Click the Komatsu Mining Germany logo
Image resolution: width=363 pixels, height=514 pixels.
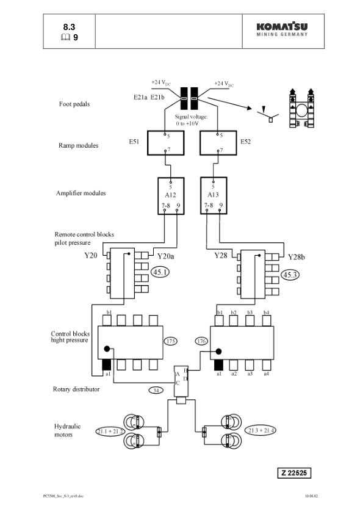(x=282, y=29)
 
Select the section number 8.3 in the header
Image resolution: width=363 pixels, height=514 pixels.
(x=70, y=27)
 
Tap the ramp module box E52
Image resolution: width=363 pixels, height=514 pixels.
(x=218, y=143)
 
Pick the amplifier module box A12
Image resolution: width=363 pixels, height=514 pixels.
(x=170, y=195)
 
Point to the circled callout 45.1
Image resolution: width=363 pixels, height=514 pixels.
(x=160, y=272)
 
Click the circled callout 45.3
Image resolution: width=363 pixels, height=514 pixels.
(x=289, y=275)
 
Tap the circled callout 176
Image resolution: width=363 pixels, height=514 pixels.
(x=201, y=341)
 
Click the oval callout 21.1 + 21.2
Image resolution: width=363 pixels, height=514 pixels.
(x=110, y=432)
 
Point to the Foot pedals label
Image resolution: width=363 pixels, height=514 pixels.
(x=74, y=104)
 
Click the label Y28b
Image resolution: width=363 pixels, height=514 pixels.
(x=297, y=257)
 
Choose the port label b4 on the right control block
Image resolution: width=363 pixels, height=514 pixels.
(x=266, y=313)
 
